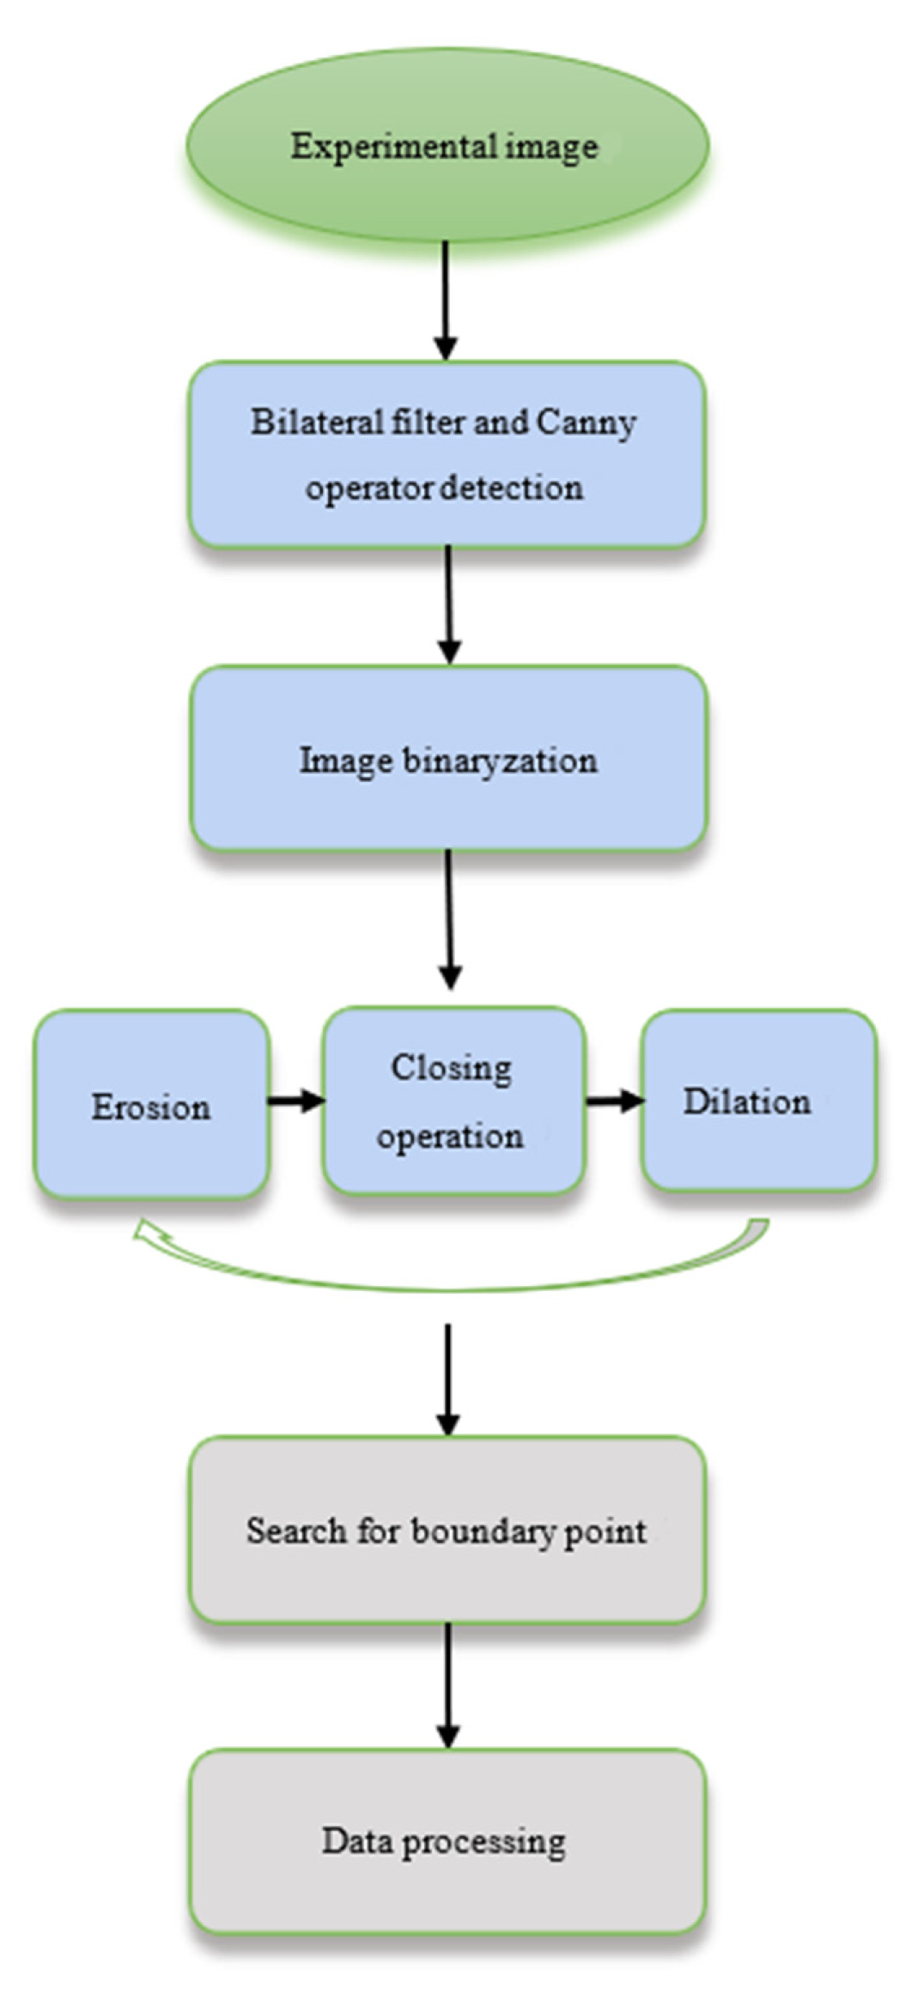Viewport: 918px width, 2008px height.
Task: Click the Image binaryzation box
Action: [448, 759]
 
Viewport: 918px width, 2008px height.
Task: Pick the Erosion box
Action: [151, 1105]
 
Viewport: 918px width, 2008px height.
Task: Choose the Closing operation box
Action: [453, 1101]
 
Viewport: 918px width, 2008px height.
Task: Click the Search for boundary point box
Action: [447, 1530]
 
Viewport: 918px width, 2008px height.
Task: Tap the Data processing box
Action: [447, 1840]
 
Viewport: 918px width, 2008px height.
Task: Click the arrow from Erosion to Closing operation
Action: [295, 1100]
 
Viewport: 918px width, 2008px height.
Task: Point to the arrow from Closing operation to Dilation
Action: [613, 1100]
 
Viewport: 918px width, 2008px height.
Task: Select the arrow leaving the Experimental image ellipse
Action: [445, 300]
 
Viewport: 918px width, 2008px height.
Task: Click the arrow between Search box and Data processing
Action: [447, 1684]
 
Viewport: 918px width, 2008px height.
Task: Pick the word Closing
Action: [451, 1068]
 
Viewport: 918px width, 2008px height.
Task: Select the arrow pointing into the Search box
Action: [447, 1379]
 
